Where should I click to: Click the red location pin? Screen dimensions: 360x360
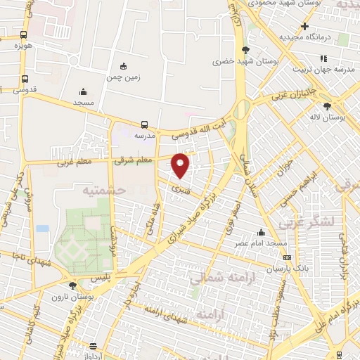[181, 165]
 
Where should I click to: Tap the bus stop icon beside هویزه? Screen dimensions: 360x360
[24, 34]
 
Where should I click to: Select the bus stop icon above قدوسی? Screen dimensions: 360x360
[25, 79]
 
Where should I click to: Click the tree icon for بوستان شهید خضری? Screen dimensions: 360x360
[245, 50]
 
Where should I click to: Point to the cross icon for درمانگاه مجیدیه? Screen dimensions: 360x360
[304, 26]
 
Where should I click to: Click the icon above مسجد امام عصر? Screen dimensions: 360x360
[262, 233]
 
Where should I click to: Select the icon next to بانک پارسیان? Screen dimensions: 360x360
[285, 257]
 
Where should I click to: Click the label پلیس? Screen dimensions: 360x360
[102, 278]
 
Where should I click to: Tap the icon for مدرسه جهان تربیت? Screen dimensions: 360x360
[323, 58]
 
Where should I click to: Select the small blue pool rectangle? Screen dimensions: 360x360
[43, 229]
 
